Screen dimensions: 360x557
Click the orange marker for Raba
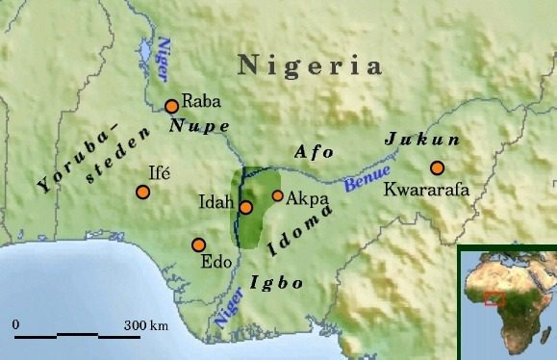pyautogui.click(x=171, y=107)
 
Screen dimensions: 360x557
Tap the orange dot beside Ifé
pyautogui.click(x=143, y=192)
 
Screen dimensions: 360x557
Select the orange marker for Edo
pyautogui.click(x=199, y=244)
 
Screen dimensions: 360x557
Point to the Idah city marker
pyautogui.click(x=246, y=207)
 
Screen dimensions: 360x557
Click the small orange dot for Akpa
pyautogui.click(x=278, y=196)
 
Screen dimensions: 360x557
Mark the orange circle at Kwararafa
pyautogui.click(x=438, y=167)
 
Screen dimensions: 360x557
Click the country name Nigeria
pyautogui.click(x=310, y=66)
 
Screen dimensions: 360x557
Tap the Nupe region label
pyautogui.click(x=199, y=126)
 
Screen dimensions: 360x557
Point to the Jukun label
pyautogui.click(x=422, y=141)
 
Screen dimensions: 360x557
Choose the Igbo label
pyautogui.click(x=276, y=283)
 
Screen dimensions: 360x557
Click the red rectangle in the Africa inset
pyautogui.click(x=495, y=298)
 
